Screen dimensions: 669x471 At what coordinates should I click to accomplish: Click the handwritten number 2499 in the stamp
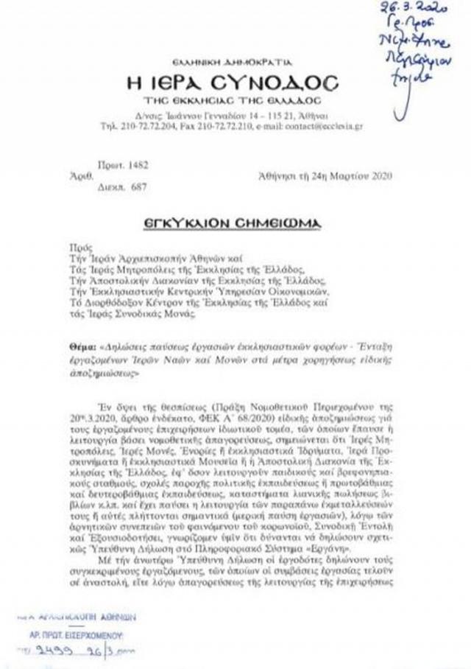(x=57, y=651)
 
